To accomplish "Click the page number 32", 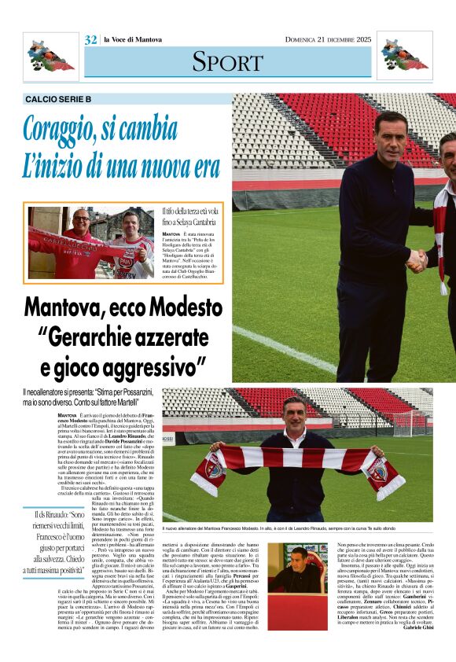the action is click(x=90, y=40).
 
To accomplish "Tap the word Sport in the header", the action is click(x=227, y=61).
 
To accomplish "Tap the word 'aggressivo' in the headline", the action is click(x=155, y=366).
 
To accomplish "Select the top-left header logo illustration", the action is click(x=50, y=56).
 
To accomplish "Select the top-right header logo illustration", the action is click(x=404, y=56).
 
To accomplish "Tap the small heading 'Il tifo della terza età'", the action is click(x=193, y=213).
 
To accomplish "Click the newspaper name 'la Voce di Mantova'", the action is click(x=132, y=40).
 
